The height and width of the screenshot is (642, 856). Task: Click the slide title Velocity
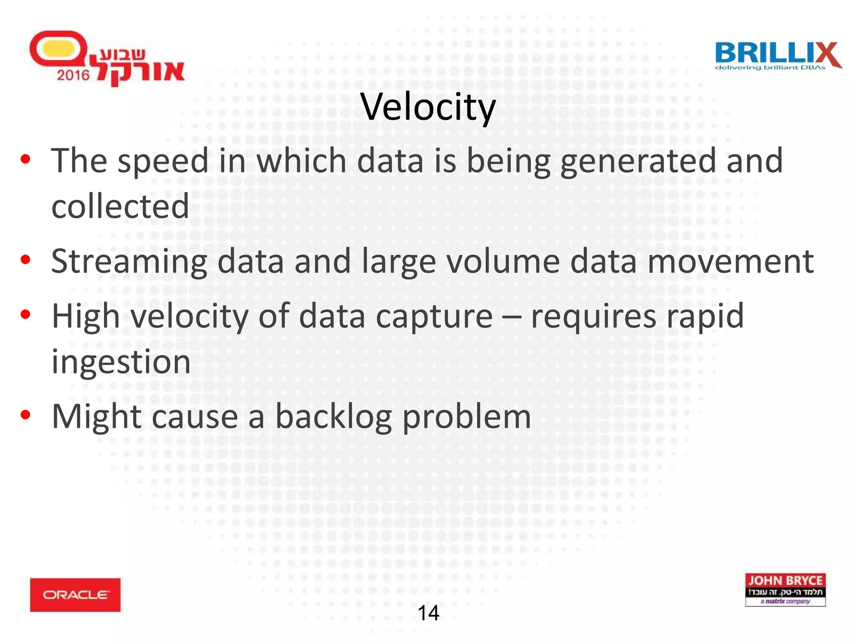click(x=428, y=107)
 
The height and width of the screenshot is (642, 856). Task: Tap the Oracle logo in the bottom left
click(x=75, y=594)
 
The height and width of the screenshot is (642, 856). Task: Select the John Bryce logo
click(x=785, y=589)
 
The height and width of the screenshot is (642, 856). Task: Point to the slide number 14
click(x=428, y=613)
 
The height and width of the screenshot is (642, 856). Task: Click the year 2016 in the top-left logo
click(x=73, y=75)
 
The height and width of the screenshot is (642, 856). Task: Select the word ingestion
click(x=121, y=362)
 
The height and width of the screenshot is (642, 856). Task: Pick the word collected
click(x=120, y=206)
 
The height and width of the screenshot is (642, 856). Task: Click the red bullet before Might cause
click(x=25, y=415)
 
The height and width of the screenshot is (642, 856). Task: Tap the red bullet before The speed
click(x=25, y=159)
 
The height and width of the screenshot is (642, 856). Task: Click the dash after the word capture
click(x=512, y=317)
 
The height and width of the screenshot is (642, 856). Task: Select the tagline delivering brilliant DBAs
click(x=770, y=68)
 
